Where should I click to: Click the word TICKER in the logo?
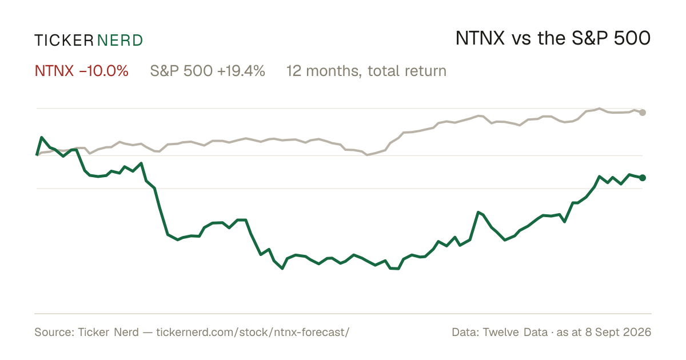pyautogui.click(x=64, y=41)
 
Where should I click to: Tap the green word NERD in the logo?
pyautogui.click(x=119, y=41)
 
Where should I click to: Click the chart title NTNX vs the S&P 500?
pyautogui.click(x=553, y=38)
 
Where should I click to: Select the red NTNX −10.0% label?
pyautogui.click(x=81, y=71)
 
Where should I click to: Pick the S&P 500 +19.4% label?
pyautogui.click(x=208, y=71)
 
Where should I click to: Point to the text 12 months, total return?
pyautogui.click(x=366, y=71)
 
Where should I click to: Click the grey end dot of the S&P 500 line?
pyautogui.click(x=643, y=113)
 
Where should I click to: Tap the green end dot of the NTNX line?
pyautogui.click(x=643, y=178)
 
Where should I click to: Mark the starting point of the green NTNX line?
pyautogui.click(x=37, y=155)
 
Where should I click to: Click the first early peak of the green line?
pyautogui.click(x=41, y=138)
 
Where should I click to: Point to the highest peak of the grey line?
pyautogui.click(x=599, y=109)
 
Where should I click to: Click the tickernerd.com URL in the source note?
pyautogui.click(x=253, y=332)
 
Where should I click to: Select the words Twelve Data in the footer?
pyautogui.click(x=515, y=332)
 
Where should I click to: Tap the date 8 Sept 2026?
pyautogui.click(x=618, y=332)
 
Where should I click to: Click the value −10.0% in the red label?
pyautogui.click(x=103, y=71)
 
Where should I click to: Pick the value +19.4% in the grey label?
pyautogui.click(x=241, y=71)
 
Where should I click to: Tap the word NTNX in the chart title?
pyautogui.click(x=480, y=38)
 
